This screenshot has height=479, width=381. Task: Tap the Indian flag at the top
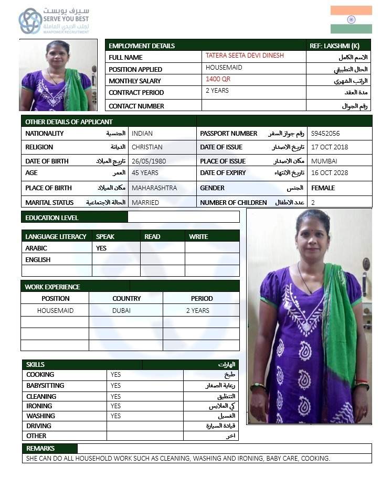coord(351,19)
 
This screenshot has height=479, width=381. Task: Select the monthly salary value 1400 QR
coord(218,79)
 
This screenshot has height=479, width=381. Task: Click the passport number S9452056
coord(325,134)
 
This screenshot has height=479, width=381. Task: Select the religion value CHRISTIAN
coord(147,147)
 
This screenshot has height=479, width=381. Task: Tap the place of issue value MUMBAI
coord(324,161)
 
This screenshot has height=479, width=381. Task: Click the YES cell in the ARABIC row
coord(101,248)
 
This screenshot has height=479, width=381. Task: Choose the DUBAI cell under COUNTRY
coord(121,310)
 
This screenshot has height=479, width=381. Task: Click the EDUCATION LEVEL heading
coord(51,217)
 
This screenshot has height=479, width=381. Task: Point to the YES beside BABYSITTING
coord(115,385)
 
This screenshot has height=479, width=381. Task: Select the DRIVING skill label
coord(38,426)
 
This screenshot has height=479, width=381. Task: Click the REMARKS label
coord(40,449)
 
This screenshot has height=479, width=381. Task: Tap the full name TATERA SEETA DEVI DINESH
coord(245,56)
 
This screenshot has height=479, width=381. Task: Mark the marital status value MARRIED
coord(145,202)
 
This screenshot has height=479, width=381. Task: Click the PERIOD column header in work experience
coord(202,298)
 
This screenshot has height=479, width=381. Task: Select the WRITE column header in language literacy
coord(198,236)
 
